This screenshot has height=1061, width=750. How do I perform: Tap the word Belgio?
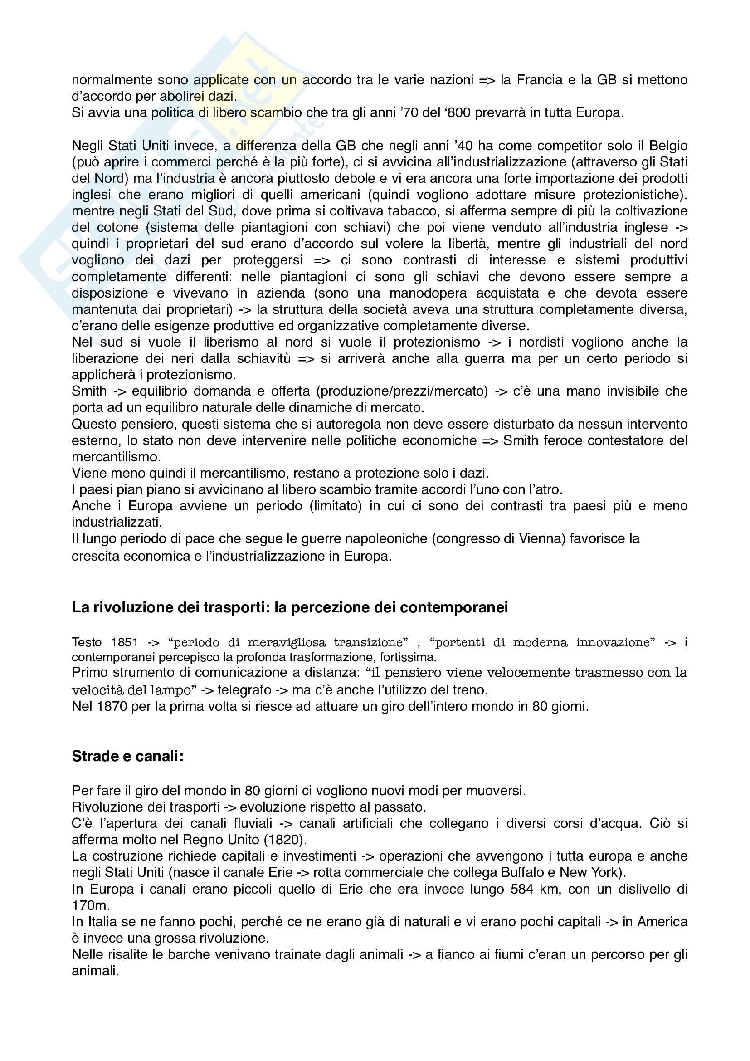click(x=668, y=146)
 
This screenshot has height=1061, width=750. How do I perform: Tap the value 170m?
click(x=91, y=905)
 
